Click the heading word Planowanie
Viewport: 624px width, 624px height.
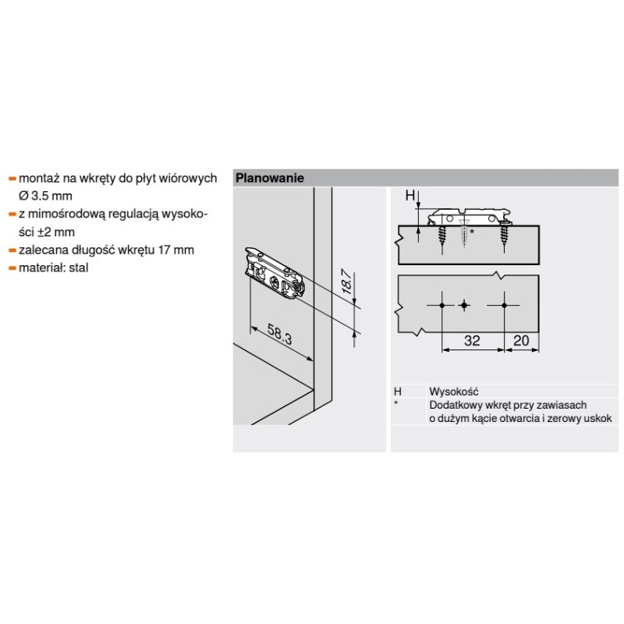(269, 178)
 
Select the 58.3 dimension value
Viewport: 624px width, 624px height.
(279, 334)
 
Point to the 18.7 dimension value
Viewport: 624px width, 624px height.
(347, 282)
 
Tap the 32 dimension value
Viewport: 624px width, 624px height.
(472, 341)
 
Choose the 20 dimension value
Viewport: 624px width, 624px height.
(521, 341)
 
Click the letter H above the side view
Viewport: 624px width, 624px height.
(410, 196)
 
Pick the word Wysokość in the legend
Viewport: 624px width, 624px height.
(454, 392)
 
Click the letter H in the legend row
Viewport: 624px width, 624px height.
(398, 392)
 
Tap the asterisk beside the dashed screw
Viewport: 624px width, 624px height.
(472, 231)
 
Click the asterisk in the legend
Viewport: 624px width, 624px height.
(396, 403)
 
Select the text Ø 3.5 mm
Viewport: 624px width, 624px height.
(45, 196)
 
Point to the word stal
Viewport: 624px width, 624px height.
(79, 268)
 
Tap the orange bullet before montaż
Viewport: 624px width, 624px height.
(12, 179)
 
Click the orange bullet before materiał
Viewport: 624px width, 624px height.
(12, 268)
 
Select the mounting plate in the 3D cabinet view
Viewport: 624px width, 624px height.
(275, 274)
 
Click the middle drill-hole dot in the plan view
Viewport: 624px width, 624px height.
(463, 305)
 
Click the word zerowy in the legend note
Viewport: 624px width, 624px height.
(564, 419)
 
